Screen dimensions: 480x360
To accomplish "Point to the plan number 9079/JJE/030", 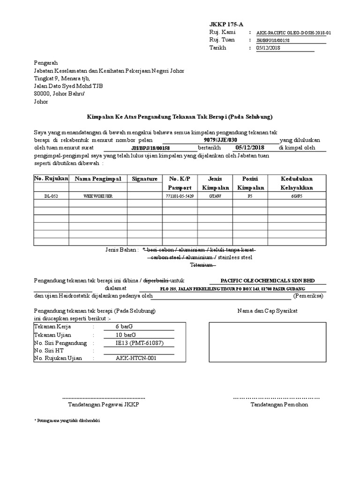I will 221,140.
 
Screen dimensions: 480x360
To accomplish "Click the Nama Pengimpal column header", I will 98,179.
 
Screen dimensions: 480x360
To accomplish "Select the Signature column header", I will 144,179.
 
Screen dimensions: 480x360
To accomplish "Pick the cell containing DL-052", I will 51,195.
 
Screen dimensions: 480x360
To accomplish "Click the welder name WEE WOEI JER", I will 98,195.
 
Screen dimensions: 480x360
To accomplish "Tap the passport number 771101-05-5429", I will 180,195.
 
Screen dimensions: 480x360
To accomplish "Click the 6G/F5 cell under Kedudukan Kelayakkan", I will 297,195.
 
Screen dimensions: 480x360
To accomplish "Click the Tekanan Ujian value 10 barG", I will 126,335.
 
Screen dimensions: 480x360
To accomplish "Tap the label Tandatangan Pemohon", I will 279,404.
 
